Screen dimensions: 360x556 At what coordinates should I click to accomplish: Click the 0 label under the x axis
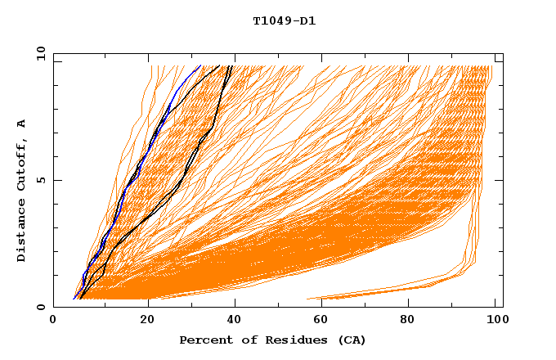54,320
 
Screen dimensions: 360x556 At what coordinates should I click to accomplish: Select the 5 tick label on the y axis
40,180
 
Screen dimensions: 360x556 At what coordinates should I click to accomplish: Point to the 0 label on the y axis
40,307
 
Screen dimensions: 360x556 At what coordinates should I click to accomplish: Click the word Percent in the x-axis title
202,340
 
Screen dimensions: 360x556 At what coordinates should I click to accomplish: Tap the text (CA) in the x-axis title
352,340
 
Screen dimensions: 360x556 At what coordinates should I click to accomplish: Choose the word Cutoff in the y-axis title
21,167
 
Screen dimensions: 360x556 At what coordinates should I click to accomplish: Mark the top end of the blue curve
200,65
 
